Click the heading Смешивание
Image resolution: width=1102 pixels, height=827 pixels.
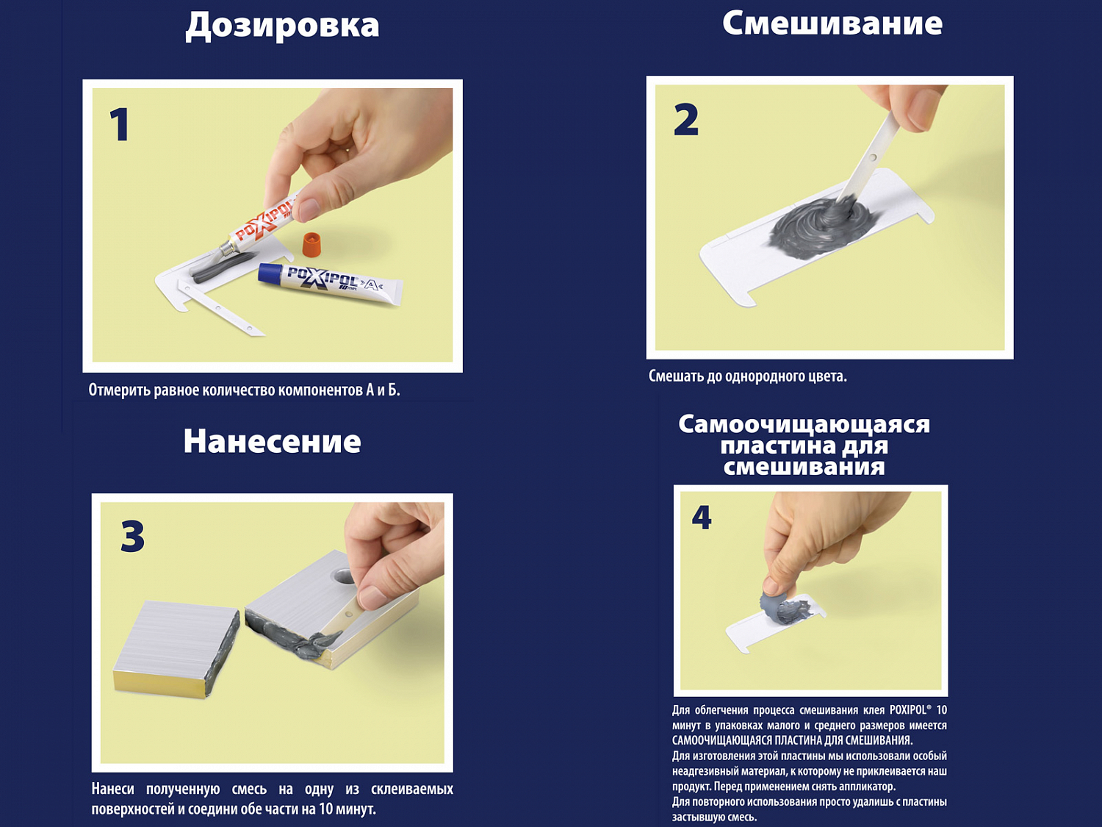pyautogui.click(x=832, y=23)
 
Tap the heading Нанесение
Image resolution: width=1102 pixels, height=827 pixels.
pyautogui.click(x=272, y=441)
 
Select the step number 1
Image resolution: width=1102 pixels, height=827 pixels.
pyautogui.click(x=120, y=124)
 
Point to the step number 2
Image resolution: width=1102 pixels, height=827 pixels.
pyautogui.click(x=685, y=120)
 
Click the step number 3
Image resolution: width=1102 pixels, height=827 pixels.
pyautogui.click(x=132, y=536)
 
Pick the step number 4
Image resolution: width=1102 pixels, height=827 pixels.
pyautogui.click(x=702, y=518)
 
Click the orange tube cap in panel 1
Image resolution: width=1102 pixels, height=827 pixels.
pyautogui.click(x=311, y=243)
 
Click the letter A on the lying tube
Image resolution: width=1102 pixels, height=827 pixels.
pyautogui.click(x=370, y=286)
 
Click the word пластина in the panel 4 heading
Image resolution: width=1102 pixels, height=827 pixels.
pyautogui.click(x=760, y=446)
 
